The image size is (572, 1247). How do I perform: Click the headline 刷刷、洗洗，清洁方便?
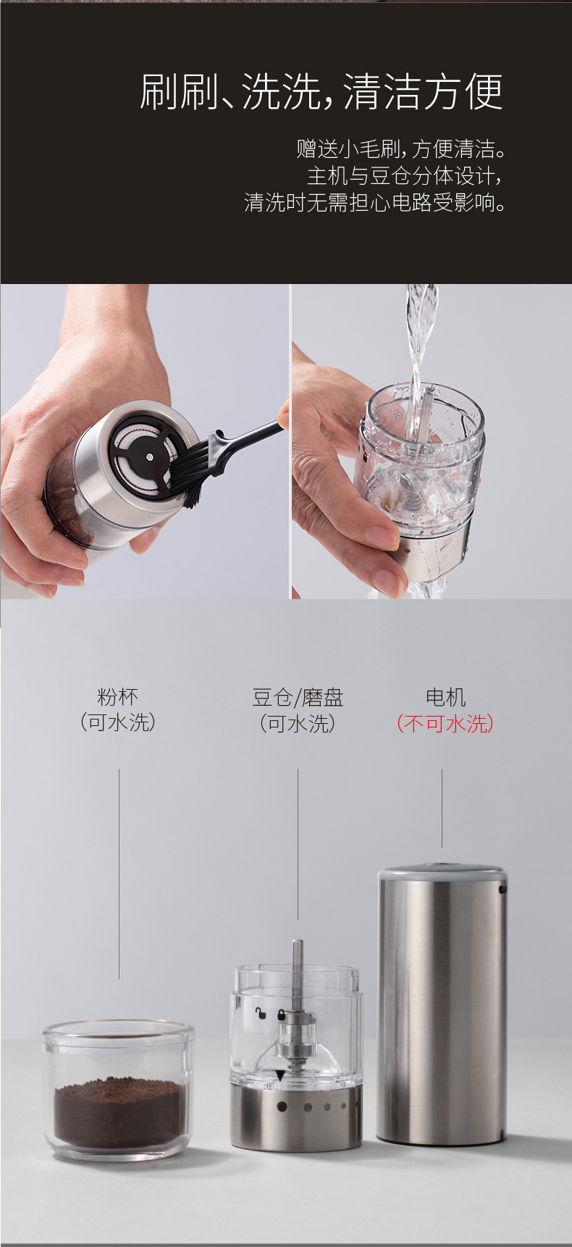[x=321, y=92]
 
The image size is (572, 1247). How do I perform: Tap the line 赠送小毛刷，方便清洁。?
[x=400, y=149]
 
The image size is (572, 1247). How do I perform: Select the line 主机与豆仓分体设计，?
[x=404, y=176]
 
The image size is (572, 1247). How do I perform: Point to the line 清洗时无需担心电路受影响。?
[x=374, y=202]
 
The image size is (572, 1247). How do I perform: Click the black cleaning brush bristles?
[x=189, y=471]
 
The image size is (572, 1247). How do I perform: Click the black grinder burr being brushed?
[x=145, y=456]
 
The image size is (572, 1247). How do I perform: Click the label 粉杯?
[x=117, y=697]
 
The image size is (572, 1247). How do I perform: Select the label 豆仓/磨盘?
[x=298, y=698]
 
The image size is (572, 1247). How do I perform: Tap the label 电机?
[x=445, y=698]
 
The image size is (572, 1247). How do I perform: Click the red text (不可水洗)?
[x=445, y=723]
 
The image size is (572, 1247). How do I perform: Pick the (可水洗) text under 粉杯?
[x=117, y=722]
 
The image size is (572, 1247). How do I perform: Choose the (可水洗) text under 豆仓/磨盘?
[x=298, y=723]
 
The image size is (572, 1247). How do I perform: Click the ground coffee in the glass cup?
[x=118, y=1113]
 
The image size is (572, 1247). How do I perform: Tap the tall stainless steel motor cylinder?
[x=441, y=1007]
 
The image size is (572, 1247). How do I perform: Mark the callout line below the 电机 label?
[x=442, y=808]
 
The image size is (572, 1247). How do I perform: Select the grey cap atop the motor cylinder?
[x=441, y=871]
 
